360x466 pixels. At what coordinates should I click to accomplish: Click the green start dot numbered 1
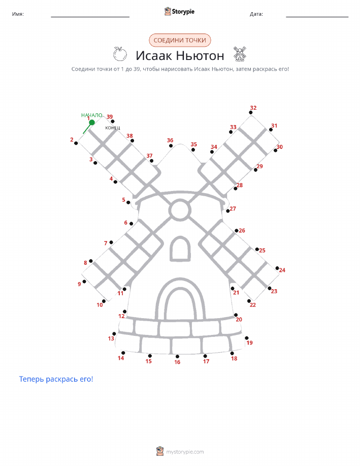point(92,122)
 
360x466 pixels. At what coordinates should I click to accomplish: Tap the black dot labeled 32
point(251,112)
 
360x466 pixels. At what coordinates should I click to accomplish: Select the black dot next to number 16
point(177,356)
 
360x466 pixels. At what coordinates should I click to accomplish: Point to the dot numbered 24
point(277,268)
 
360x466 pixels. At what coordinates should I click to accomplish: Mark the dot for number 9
point(84,282)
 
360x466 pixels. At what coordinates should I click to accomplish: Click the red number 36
point(170,140)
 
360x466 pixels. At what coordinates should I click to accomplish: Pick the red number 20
point(239,320)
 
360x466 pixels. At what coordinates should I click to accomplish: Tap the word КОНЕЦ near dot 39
point(113,128)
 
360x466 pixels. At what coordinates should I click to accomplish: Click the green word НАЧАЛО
point(92,115)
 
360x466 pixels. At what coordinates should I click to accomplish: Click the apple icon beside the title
point(120,54)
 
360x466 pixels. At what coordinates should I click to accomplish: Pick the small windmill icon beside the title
point(240,54)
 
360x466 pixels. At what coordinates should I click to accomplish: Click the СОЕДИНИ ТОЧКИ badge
point(180,41)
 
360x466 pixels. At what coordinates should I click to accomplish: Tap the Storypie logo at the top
point(179,12)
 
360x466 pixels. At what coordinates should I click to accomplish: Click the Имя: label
point(18,14)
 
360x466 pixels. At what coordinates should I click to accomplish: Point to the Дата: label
point(256,14)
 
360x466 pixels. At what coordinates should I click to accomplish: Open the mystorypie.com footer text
point(185,452)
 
